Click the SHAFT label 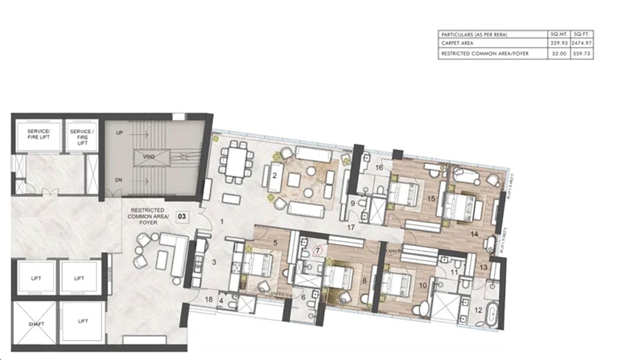36,324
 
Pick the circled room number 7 318,250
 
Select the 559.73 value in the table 581,54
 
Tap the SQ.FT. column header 581,34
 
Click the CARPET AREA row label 457,43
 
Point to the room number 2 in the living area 274,175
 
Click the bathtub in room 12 492,314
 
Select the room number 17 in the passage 351,227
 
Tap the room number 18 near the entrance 209,299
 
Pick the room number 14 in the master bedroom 474,234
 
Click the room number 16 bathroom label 379,168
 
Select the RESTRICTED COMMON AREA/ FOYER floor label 146,216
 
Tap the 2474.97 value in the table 581,43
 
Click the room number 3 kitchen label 214,262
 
